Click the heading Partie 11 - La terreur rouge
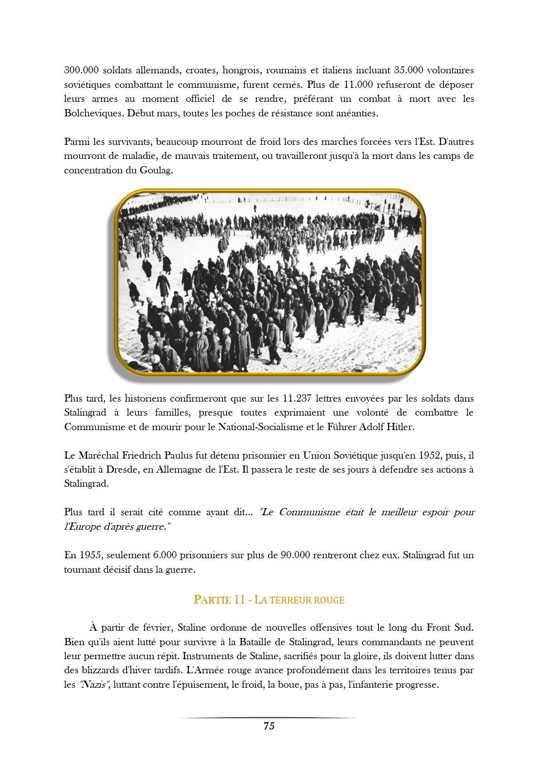[x=269, y=600]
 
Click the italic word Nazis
[x=93, y=685]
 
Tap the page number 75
[x=269, y=726]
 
